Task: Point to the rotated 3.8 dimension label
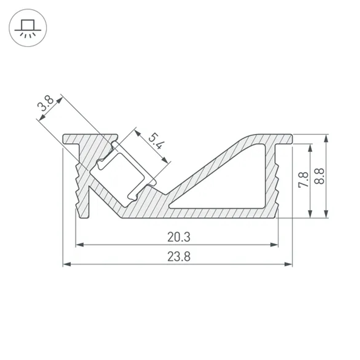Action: point(46,103)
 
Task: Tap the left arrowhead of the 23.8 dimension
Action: point(66,264)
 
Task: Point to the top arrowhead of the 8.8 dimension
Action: point(326,138)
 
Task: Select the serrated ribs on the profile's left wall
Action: point(77,184)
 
